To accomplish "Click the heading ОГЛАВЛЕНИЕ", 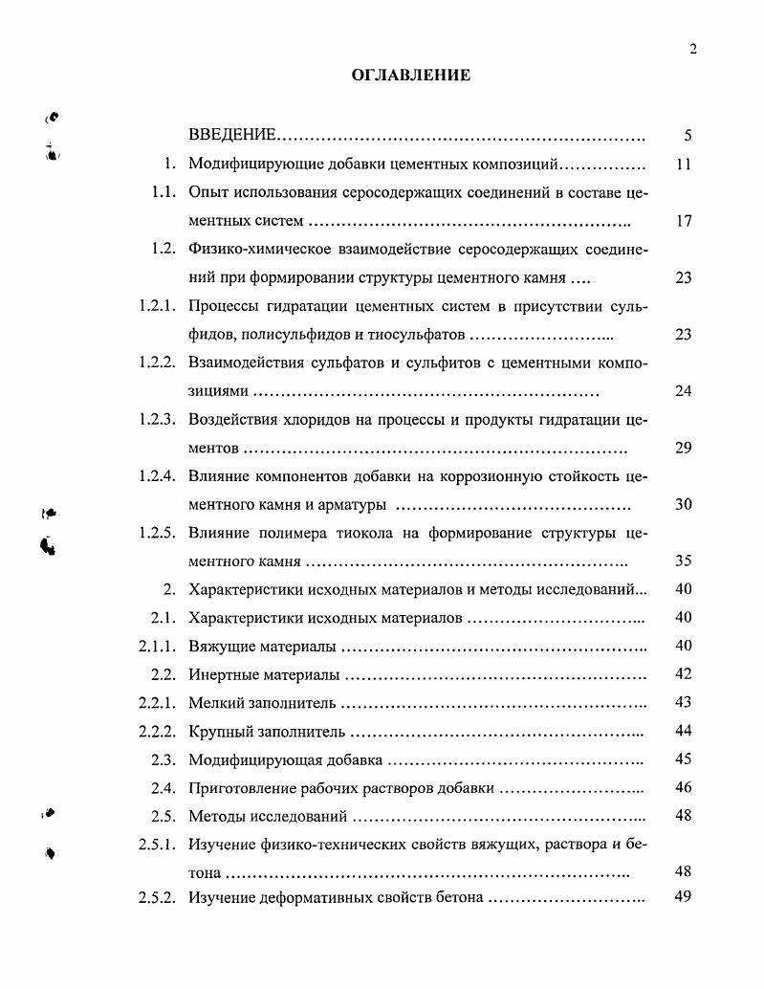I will point(411,76).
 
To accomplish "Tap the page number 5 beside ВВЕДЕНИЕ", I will point(688,136).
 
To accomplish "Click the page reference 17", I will point(683,221).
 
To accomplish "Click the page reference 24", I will point(683,391).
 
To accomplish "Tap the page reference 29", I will point(683,448).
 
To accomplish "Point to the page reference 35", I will point(683,561).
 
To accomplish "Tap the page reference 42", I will point(683,674).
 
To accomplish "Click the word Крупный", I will point(222,732).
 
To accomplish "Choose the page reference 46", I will point(683,788).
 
